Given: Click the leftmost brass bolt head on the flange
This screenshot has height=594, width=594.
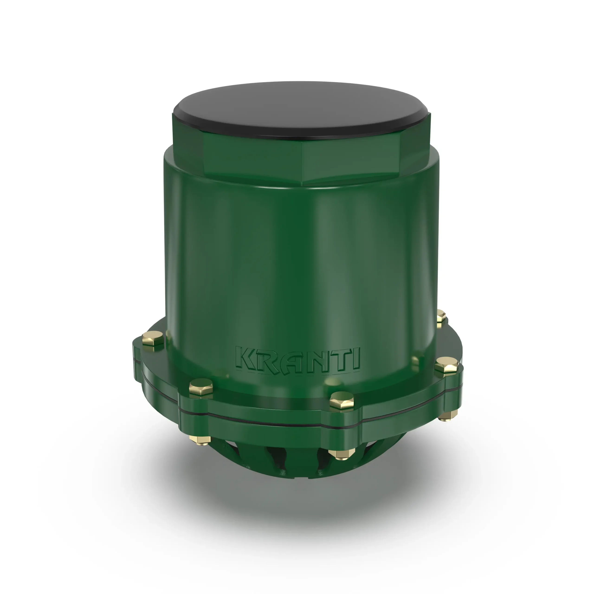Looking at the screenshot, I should (x=153, y=338).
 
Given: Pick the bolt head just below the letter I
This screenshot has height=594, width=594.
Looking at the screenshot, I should (x=342, y=401).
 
